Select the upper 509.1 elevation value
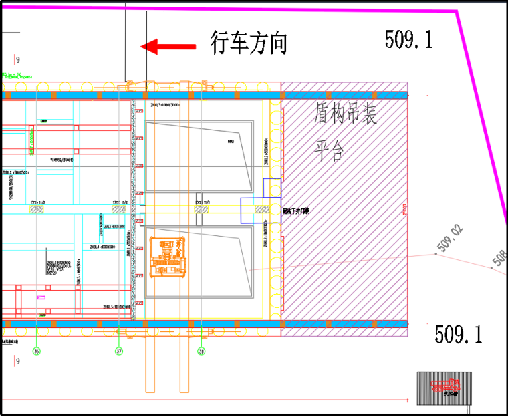coord(408,40)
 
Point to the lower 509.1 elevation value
coord(458,334)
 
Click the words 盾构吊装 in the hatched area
coord(346,114)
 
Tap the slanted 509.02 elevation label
coord(450,239)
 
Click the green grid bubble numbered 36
coord(36,350)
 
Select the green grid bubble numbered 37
coord(119,350)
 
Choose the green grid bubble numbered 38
coord(201,350)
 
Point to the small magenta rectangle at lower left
coord(42,297)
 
